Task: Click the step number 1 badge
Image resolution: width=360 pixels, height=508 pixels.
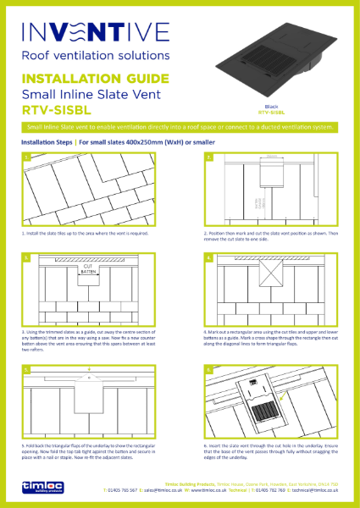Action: coord(27,157)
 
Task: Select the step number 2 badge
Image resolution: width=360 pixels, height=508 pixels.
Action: coord(208,157)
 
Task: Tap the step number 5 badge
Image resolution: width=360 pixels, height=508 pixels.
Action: coord(27,370)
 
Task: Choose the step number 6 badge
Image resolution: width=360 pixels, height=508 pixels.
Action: coord(208,370)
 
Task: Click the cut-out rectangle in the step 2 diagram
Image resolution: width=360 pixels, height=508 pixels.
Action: coord(272,174)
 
